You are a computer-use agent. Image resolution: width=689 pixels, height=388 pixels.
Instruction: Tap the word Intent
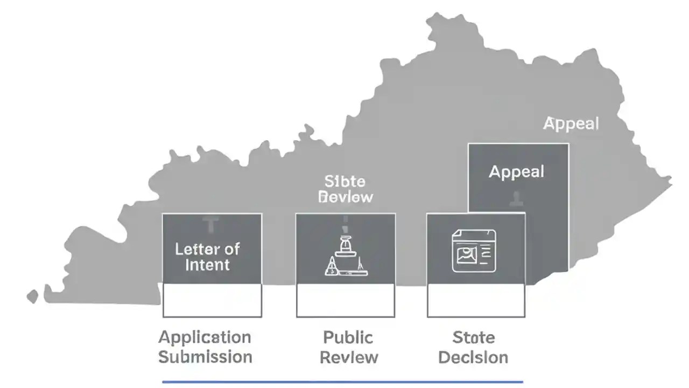click(207, 265)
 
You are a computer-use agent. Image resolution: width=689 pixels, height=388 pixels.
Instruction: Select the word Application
click(205, 338)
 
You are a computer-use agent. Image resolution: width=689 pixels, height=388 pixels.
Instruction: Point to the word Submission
click(205, 357)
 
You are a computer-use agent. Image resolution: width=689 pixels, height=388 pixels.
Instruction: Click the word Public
click(348, 338)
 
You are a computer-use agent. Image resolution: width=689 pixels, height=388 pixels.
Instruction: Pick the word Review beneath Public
click(349, 357)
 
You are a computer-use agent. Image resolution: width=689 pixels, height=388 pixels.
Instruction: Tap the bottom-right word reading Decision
click(473, 357)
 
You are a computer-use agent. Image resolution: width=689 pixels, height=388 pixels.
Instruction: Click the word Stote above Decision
click(474, 338)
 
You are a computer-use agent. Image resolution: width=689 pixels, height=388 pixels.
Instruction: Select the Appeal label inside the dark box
click(516, 172)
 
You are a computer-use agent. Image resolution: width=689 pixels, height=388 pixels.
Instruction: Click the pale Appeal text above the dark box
click(571, 124)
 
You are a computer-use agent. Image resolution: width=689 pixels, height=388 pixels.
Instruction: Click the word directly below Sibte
click(346, 197)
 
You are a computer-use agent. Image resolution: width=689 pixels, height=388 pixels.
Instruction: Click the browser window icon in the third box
click(474, 250)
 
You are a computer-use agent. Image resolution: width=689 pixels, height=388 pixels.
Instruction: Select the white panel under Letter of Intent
click(212, 301)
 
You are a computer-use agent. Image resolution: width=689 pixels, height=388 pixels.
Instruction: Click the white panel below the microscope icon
click(346, 301)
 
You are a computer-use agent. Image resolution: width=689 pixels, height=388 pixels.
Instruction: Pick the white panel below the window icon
click(476, 301)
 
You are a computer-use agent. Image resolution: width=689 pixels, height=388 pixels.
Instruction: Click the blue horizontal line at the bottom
click(342, 382)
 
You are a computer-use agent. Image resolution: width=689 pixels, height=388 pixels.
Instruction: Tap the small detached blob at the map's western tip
click(32, 296)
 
